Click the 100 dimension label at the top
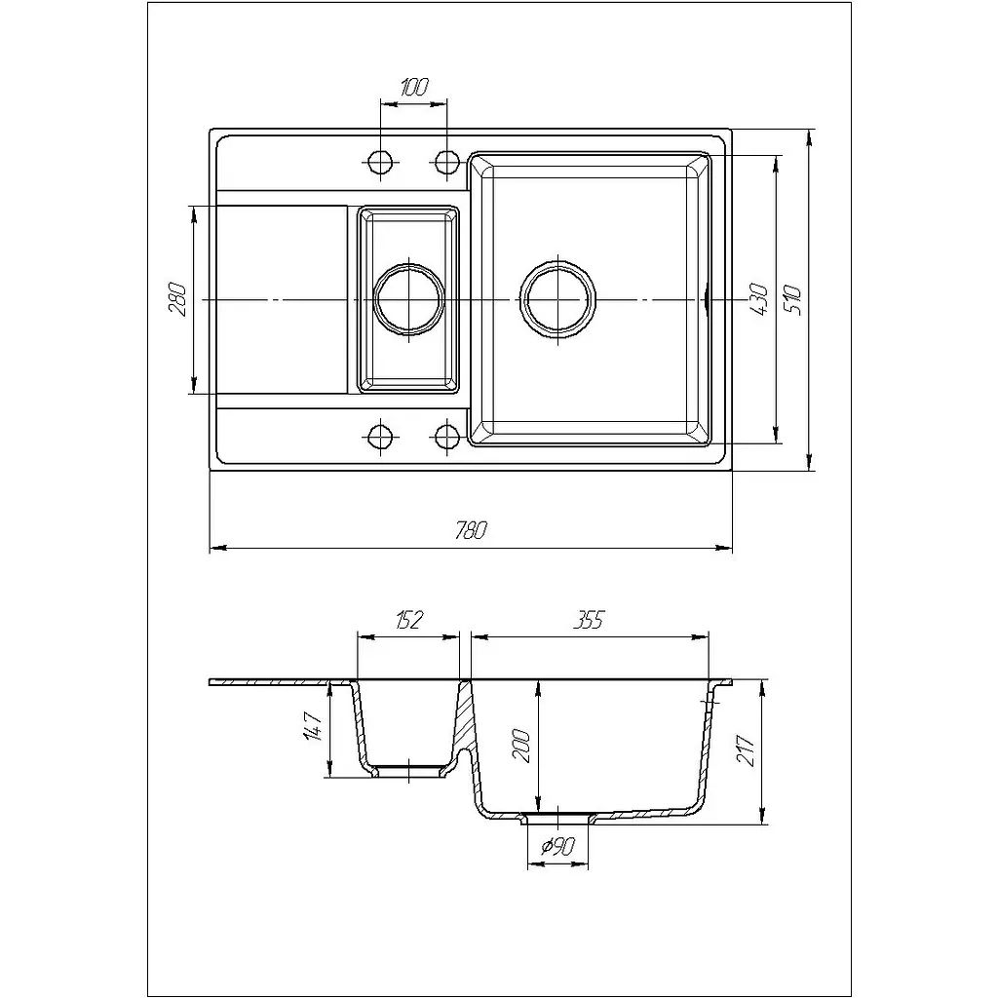pyautogui.click(x=415, y=87)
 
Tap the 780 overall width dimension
pyautogui.click(x=471, y=530)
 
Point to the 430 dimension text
pyautogui.click(x=758, y=299)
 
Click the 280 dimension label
pyautogui.click(x=177, y=299)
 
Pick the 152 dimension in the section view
pyautogui.click(x=408, y=619)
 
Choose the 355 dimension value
pyautogui.click(x=588, y=619)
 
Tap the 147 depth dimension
pyautogui.click(x=314, y=727)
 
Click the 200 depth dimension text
pyautogui.click(x=520, y=745)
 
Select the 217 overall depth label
pyautogui.click(x=746, y=751)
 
